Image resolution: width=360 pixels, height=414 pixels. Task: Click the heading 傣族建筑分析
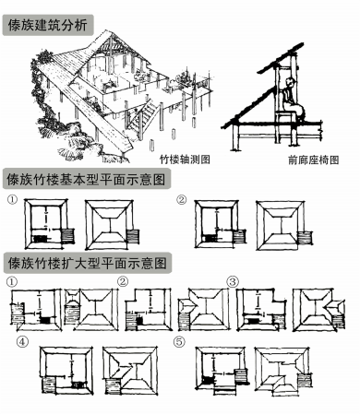(x=48, y=25)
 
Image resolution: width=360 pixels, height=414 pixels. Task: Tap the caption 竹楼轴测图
(x=185, y=160)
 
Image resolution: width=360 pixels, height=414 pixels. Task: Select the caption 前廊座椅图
(x=314, y=160)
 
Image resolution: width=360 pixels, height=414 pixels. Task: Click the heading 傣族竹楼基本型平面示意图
(x=86, y=179)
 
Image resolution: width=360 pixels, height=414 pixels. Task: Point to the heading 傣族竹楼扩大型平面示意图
(x=87, y=263)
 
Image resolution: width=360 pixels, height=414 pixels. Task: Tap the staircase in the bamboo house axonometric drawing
(x=143, y=117)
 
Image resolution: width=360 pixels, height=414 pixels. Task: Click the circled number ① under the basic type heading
(x=13, y=199)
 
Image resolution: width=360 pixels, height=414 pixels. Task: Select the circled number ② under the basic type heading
(x=182, y=199)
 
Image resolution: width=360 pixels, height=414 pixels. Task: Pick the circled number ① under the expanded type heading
(x=12, y=281)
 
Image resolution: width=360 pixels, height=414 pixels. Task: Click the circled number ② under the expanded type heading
(x=123, y=281)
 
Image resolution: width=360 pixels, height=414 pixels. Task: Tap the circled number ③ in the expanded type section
(x=233, y=281)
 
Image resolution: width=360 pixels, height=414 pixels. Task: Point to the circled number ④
(x=22, y=341)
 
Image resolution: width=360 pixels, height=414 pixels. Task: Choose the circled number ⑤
(x=179, y=341)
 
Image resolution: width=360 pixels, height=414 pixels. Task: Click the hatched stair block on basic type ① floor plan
(x=68, y=236)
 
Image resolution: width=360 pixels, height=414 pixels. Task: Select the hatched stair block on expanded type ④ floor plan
(x=49, y=385)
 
